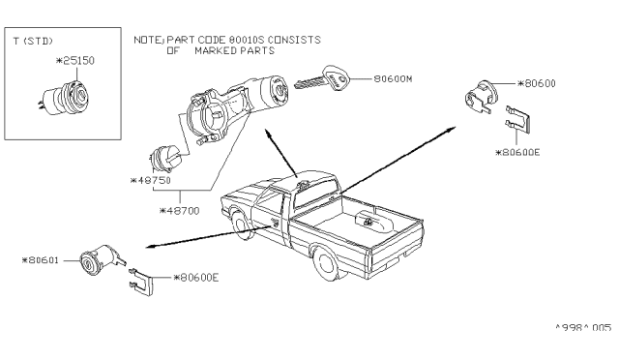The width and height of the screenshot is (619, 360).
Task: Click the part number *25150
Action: pyautogui.click(x=75, y=61)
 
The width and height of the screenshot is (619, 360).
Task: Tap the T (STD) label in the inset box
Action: pyautogui.click(x=33, y=41)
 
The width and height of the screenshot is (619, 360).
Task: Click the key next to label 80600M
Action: pyautogui.click(x=322, y=79)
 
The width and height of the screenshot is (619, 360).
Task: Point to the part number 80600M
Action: pyautogui.click(x=393, y=79)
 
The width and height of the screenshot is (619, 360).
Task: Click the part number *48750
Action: pyautogui.click(x=151, y=181)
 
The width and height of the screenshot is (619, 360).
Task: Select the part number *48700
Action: pyautogui.click(x=180, y=211)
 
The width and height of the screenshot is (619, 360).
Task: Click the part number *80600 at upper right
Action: pyautogui.click(x=537, y=84)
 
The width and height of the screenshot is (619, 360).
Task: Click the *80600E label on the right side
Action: pyautogui.click(x=517, y=153)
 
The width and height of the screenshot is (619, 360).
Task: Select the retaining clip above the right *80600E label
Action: pyautogui.click(x=518, y=119)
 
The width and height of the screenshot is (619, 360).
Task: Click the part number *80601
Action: pyautogui.click(x=41, y=260)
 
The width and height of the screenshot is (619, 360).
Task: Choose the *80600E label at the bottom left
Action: pyautogui.click(x=196, y=278)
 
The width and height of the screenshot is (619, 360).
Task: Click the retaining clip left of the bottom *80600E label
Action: pyautogui.click(x=141, y=282)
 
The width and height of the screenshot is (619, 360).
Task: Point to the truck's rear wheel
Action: pyautogui.click(x=327, y=263)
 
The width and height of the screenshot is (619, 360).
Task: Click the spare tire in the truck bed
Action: pyautogui.click(x=373, y=221)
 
